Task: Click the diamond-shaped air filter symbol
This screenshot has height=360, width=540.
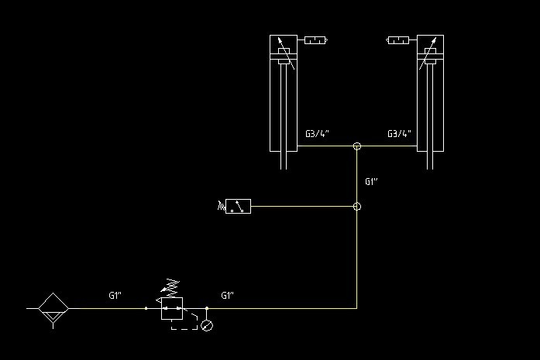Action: [x=53, y=308]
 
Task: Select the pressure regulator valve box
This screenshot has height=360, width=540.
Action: [x=171, y=309]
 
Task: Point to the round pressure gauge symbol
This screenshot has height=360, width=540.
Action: [x=206, y=326]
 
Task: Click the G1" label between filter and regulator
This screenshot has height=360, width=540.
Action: [x=115, y=295]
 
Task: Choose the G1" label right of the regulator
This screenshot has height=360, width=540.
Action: [x=228, y=295]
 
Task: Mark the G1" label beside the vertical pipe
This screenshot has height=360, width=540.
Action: [x=371, y=182]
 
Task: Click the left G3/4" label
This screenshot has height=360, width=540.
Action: [x=317, y=134]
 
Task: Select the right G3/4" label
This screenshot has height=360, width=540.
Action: [x=400, y=134]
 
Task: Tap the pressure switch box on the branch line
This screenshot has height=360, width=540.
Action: [x=239, y=207]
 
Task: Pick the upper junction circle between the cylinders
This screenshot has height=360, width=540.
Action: [x=357, y=146]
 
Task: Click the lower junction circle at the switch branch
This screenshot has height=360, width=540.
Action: [x=357, y=207]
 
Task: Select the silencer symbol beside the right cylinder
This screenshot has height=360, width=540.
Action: [x=398, y=40]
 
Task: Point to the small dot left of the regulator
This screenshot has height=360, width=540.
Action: [x=146, y=308]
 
